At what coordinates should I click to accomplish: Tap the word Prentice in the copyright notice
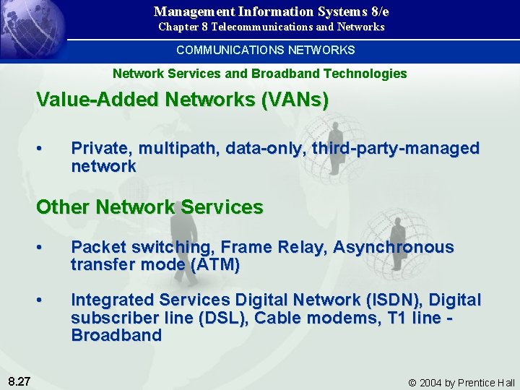[x=472, y=383]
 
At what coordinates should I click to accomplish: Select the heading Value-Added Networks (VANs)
[x=182, y=100]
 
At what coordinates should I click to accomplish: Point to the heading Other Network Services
[x=149, y=207]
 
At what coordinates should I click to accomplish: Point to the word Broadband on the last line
[x=116, y=336]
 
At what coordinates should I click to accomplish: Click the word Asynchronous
[x=394, y=248]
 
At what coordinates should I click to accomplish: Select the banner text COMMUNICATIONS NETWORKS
[x=266, y=50]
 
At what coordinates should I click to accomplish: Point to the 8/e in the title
[x=376, y=11]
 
